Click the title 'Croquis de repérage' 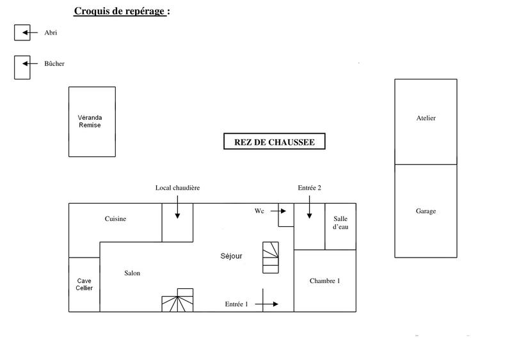[x=122, y=11]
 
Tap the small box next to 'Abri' [x=22, y=33]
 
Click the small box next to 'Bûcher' [x=22, y=67]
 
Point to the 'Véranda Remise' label [x=90, y=122]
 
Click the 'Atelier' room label [x=426, y=119]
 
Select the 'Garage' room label [x=426, y=211]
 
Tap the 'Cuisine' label [x=116, y=219]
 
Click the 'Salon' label [x=132, y=274]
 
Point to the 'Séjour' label [x=231, y=256]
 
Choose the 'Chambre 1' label [x=324, y=281]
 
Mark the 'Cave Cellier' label [x=84, y=284]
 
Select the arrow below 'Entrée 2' [x=309, y=208]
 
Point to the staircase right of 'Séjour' [x=271, y=257]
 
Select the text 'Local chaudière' [x=178, y=188]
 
